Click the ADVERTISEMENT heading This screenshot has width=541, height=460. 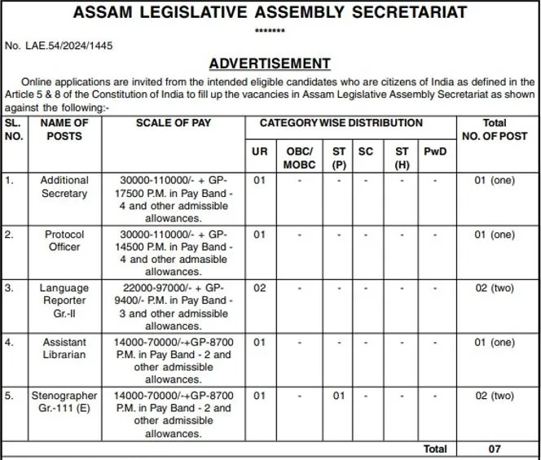point(270,64)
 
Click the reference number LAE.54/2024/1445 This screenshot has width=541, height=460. point(59,46)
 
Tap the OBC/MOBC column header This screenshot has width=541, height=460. point(299,157)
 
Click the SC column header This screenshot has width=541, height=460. point(366,151)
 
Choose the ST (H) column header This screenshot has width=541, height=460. point(402,157)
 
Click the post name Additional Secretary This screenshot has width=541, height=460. point(64,186)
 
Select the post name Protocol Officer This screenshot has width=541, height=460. point(64,241)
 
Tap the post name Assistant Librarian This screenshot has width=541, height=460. point(64,348)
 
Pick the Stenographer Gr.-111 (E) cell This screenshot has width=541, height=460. point(64,402)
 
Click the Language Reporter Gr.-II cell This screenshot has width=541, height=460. point(64,300)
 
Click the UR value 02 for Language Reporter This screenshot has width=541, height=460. point(260,288)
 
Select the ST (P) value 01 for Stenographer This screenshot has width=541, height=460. point(339,396)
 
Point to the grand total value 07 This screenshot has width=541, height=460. point(494,449)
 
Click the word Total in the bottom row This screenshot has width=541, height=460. point(435,449)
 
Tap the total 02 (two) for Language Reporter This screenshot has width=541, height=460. point(495,288)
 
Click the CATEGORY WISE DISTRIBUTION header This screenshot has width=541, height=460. point(341,123)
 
